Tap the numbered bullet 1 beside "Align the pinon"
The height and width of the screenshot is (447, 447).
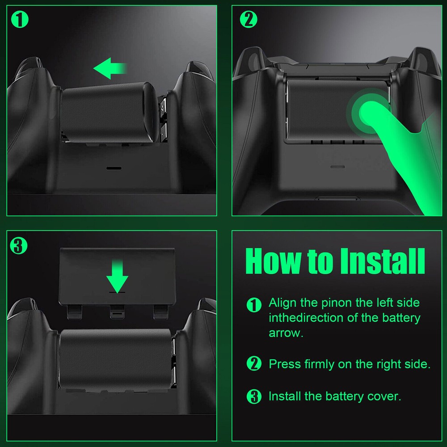(x=254, y=305)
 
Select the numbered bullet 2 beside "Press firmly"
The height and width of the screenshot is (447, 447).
(x=254, y=364)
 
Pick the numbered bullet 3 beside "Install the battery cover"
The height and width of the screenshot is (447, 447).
(x=254, y=396)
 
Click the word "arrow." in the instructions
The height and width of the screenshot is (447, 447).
(x=286, y=333)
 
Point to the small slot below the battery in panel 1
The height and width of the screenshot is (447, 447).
(x=114, y=169)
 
